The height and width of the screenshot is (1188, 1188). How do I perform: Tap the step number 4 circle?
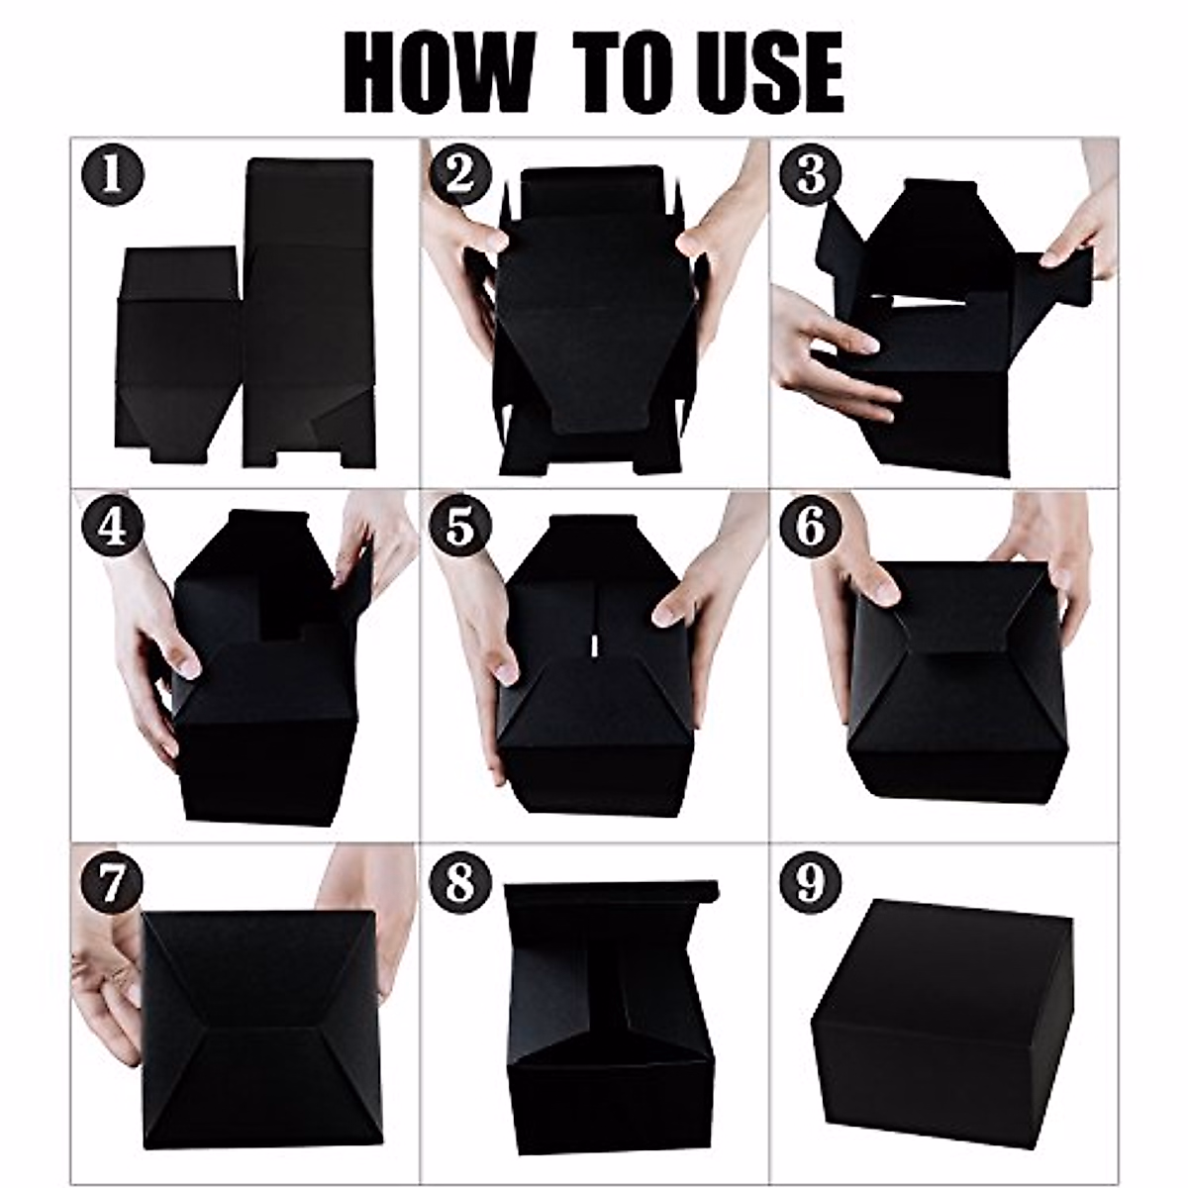(112, 527)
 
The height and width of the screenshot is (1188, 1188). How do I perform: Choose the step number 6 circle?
(809, 527)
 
